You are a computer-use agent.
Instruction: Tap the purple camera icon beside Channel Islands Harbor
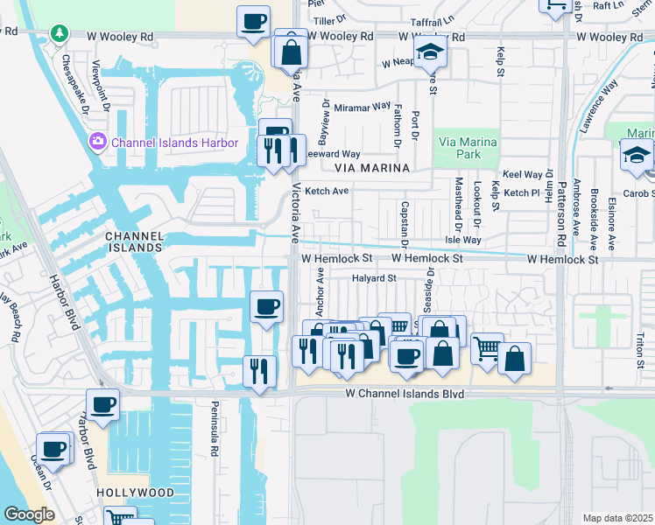coord(96,142)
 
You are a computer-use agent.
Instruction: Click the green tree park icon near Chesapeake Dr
coord(60,34)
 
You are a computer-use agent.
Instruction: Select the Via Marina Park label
coord(468,149)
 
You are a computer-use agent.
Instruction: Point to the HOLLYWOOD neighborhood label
coord(136,493)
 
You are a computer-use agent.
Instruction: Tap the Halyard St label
coord(375,278)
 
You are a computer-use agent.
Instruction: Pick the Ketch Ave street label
coord(327,191)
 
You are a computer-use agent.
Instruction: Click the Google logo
coord(29,514)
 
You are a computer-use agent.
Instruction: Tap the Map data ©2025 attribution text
coord(616,518)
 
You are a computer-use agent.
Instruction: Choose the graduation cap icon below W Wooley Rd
coord(430,52)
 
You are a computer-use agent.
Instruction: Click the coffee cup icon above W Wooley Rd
coord(254,21)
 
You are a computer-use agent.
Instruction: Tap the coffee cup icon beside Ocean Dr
coord(53,449)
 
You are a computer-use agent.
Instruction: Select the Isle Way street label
coord(463,239)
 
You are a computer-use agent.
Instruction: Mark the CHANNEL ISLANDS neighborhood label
coord(133,241)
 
